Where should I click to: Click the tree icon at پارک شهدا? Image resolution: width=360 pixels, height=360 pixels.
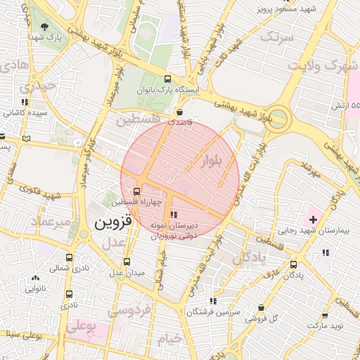click(45, 27)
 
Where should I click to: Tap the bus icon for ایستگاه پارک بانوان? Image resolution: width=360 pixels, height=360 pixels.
click(167, 79)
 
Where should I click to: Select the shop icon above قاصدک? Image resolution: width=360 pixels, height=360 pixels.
click(180, 111)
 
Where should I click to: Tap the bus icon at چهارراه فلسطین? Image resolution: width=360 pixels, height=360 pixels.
click(136, 191)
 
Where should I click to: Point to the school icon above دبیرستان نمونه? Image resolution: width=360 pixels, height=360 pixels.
click(174, 214)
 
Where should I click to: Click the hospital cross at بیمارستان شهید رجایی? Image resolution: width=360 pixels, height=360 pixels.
click(313, 220)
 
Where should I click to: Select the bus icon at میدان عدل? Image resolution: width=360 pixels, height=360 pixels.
click(127, 261)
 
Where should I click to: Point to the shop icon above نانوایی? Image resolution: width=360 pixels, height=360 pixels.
click(35, 278)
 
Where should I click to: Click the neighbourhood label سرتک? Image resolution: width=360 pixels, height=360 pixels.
click(276, 37)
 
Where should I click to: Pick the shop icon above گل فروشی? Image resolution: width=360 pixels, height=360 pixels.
click(262, 307)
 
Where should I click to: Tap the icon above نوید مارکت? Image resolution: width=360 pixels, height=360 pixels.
click(324, 316)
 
